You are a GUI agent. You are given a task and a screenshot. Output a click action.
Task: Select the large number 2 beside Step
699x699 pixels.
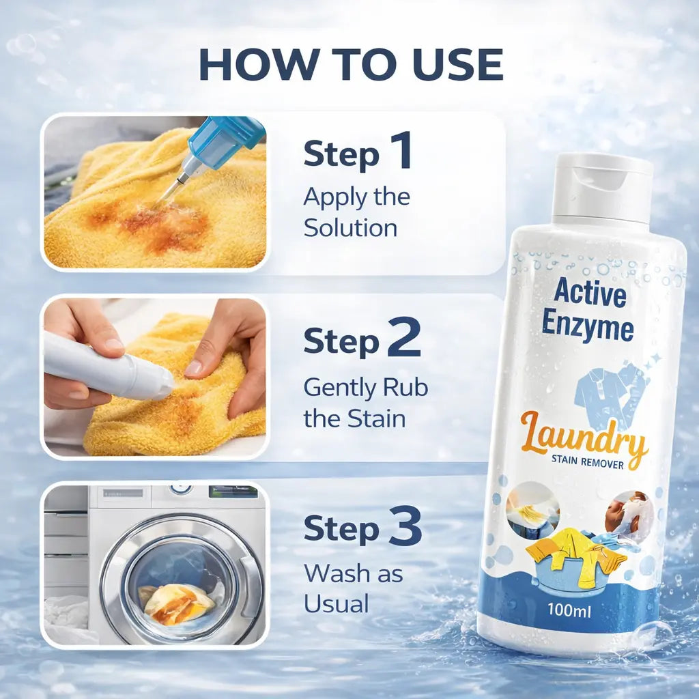tap(404, 337)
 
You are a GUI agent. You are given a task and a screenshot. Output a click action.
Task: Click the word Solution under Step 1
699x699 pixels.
tap(350, 228)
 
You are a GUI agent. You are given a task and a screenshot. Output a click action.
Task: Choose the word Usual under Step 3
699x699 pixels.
tap(337, 604)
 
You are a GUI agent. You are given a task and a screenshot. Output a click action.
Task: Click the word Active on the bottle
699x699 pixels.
tap(590, 292)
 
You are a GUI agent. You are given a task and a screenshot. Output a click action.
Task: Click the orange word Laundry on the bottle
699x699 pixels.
tap(584, 437)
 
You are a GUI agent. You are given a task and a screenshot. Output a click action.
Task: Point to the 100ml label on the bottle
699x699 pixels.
tap(569, 610)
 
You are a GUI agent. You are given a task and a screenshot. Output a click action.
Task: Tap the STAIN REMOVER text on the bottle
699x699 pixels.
tap(588, 462)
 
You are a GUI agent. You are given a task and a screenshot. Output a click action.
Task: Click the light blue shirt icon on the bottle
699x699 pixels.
tap(611, 395)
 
